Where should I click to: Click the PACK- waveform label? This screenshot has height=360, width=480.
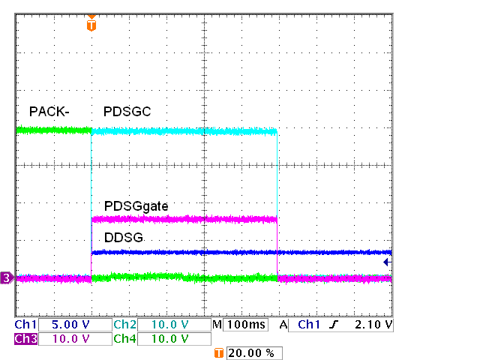point(49,112)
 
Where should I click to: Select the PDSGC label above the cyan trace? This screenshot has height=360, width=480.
point(127,112)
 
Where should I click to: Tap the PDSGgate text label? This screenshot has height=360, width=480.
point(136,205)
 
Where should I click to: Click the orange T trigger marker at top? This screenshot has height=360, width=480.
point(91,24)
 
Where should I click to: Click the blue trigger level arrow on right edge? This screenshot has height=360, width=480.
point(386,262)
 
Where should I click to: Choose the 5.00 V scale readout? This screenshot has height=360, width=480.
point(71,325)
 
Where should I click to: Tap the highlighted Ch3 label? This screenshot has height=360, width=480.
point(25,339)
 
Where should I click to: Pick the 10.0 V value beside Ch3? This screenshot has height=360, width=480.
point(71,339)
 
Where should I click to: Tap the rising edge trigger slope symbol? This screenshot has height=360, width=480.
point(330,325)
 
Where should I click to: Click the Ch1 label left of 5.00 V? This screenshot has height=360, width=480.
point(25,325)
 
